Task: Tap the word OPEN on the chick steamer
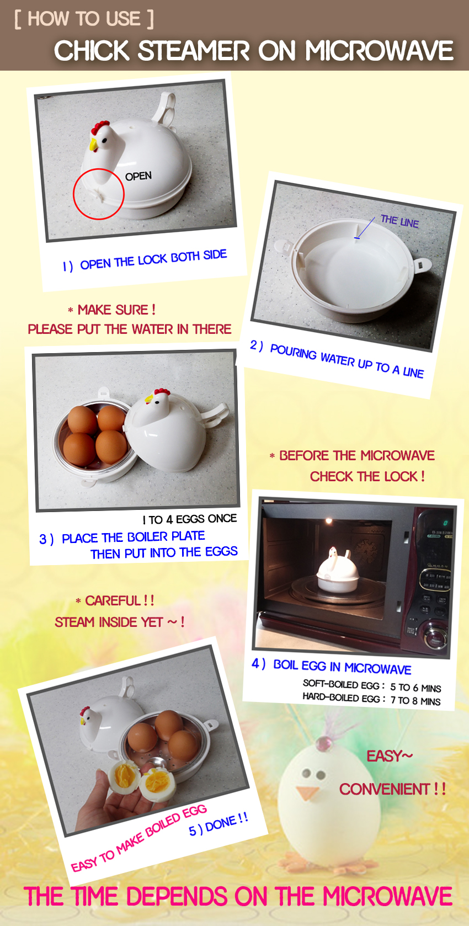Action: click(138, 176)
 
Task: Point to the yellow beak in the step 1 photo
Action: click(94, 145)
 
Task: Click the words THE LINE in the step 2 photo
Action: click(399, 221)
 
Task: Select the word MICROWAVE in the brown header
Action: click(379, 51)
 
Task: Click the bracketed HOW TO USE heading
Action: click(84, 19)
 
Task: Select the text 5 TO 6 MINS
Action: click(415, 688)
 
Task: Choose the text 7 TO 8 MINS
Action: click(415, 700)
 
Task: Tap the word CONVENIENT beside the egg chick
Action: click(385, 789)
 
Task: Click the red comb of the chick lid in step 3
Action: click(162, 391)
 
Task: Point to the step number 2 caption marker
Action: click(256, 345)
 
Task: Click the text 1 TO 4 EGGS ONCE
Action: click(190, 519)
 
